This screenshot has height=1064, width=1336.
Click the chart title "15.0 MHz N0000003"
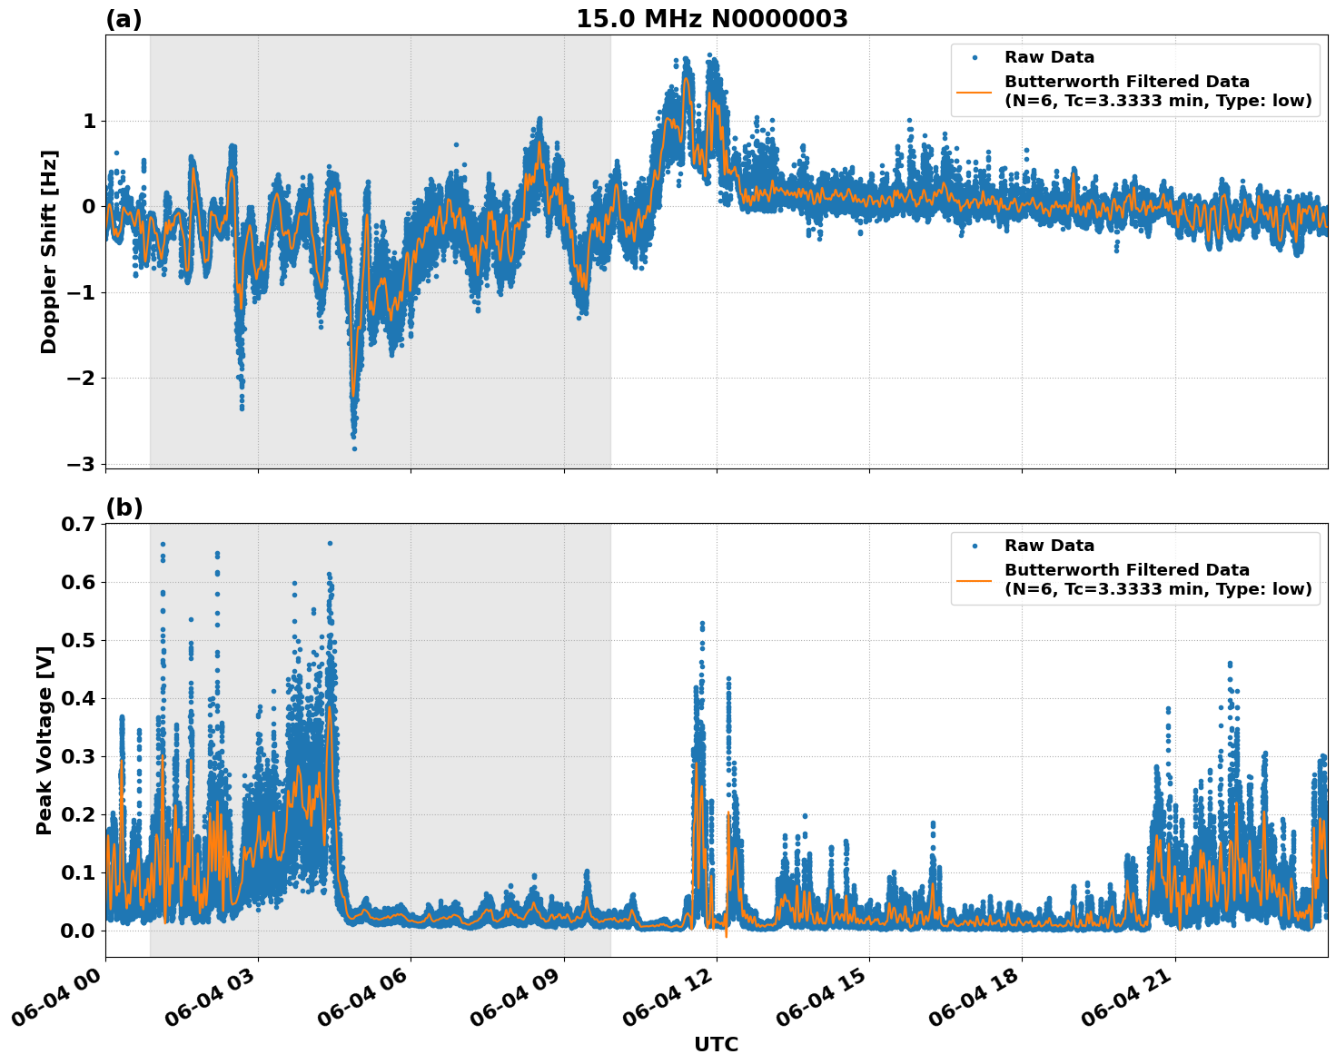711,19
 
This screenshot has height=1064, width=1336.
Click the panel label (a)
124,19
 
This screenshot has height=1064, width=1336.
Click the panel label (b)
124,507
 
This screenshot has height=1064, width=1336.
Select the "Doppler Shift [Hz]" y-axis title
49,251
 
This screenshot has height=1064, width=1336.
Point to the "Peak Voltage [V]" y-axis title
45,740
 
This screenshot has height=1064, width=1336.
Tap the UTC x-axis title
716,1044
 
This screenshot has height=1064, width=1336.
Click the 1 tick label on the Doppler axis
89,121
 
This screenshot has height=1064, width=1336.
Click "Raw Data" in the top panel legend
1049,57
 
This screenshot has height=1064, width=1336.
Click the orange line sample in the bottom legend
975,580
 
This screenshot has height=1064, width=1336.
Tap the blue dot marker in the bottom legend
975,546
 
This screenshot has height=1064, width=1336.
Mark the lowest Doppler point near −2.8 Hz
354,448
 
